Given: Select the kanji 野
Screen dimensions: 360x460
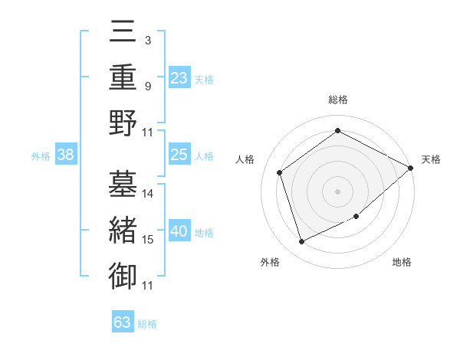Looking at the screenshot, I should click(123, 123).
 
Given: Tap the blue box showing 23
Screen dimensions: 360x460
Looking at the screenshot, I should click(179, 78).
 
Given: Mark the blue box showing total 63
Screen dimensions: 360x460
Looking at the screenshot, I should click(123, 322).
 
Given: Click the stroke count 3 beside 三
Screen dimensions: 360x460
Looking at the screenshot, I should click(148, 40).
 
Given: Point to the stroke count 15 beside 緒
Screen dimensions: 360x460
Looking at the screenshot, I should click(148, 240).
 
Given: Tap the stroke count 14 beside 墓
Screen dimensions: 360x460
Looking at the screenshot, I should click(148, 193).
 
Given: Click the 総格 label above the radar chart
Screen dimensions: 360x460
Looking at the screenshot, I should click(338, 100).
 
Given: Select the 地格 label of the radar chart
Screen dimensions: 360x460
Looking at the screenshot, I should click(402, 263).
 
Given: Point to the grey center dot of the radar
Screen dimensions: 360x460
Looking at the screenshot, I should click(337, 191).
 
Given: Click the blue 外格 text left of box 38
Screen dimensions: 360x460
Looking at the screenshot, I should click(41, 156).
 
